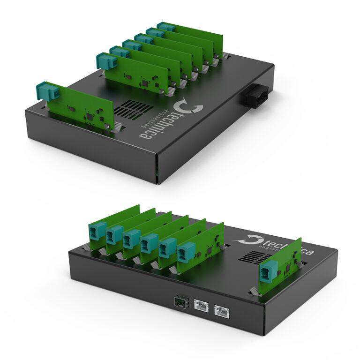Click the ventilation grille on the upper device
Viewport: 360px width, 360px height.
point(132,109)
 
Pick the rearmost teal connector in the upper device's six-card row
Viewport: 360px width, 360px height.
point(166,27)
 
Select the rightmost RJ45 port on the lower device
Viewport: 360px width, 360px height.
point(219,309)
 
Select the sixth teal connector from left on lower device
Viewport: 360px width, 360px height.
point(186,251)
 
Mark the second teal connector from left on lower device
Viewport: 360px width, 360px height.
point(114,235)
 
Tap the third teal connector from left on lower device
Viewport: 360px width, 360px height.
point(131,239)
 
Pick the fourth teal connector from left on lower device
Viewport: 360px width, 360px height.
point(149,242)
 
